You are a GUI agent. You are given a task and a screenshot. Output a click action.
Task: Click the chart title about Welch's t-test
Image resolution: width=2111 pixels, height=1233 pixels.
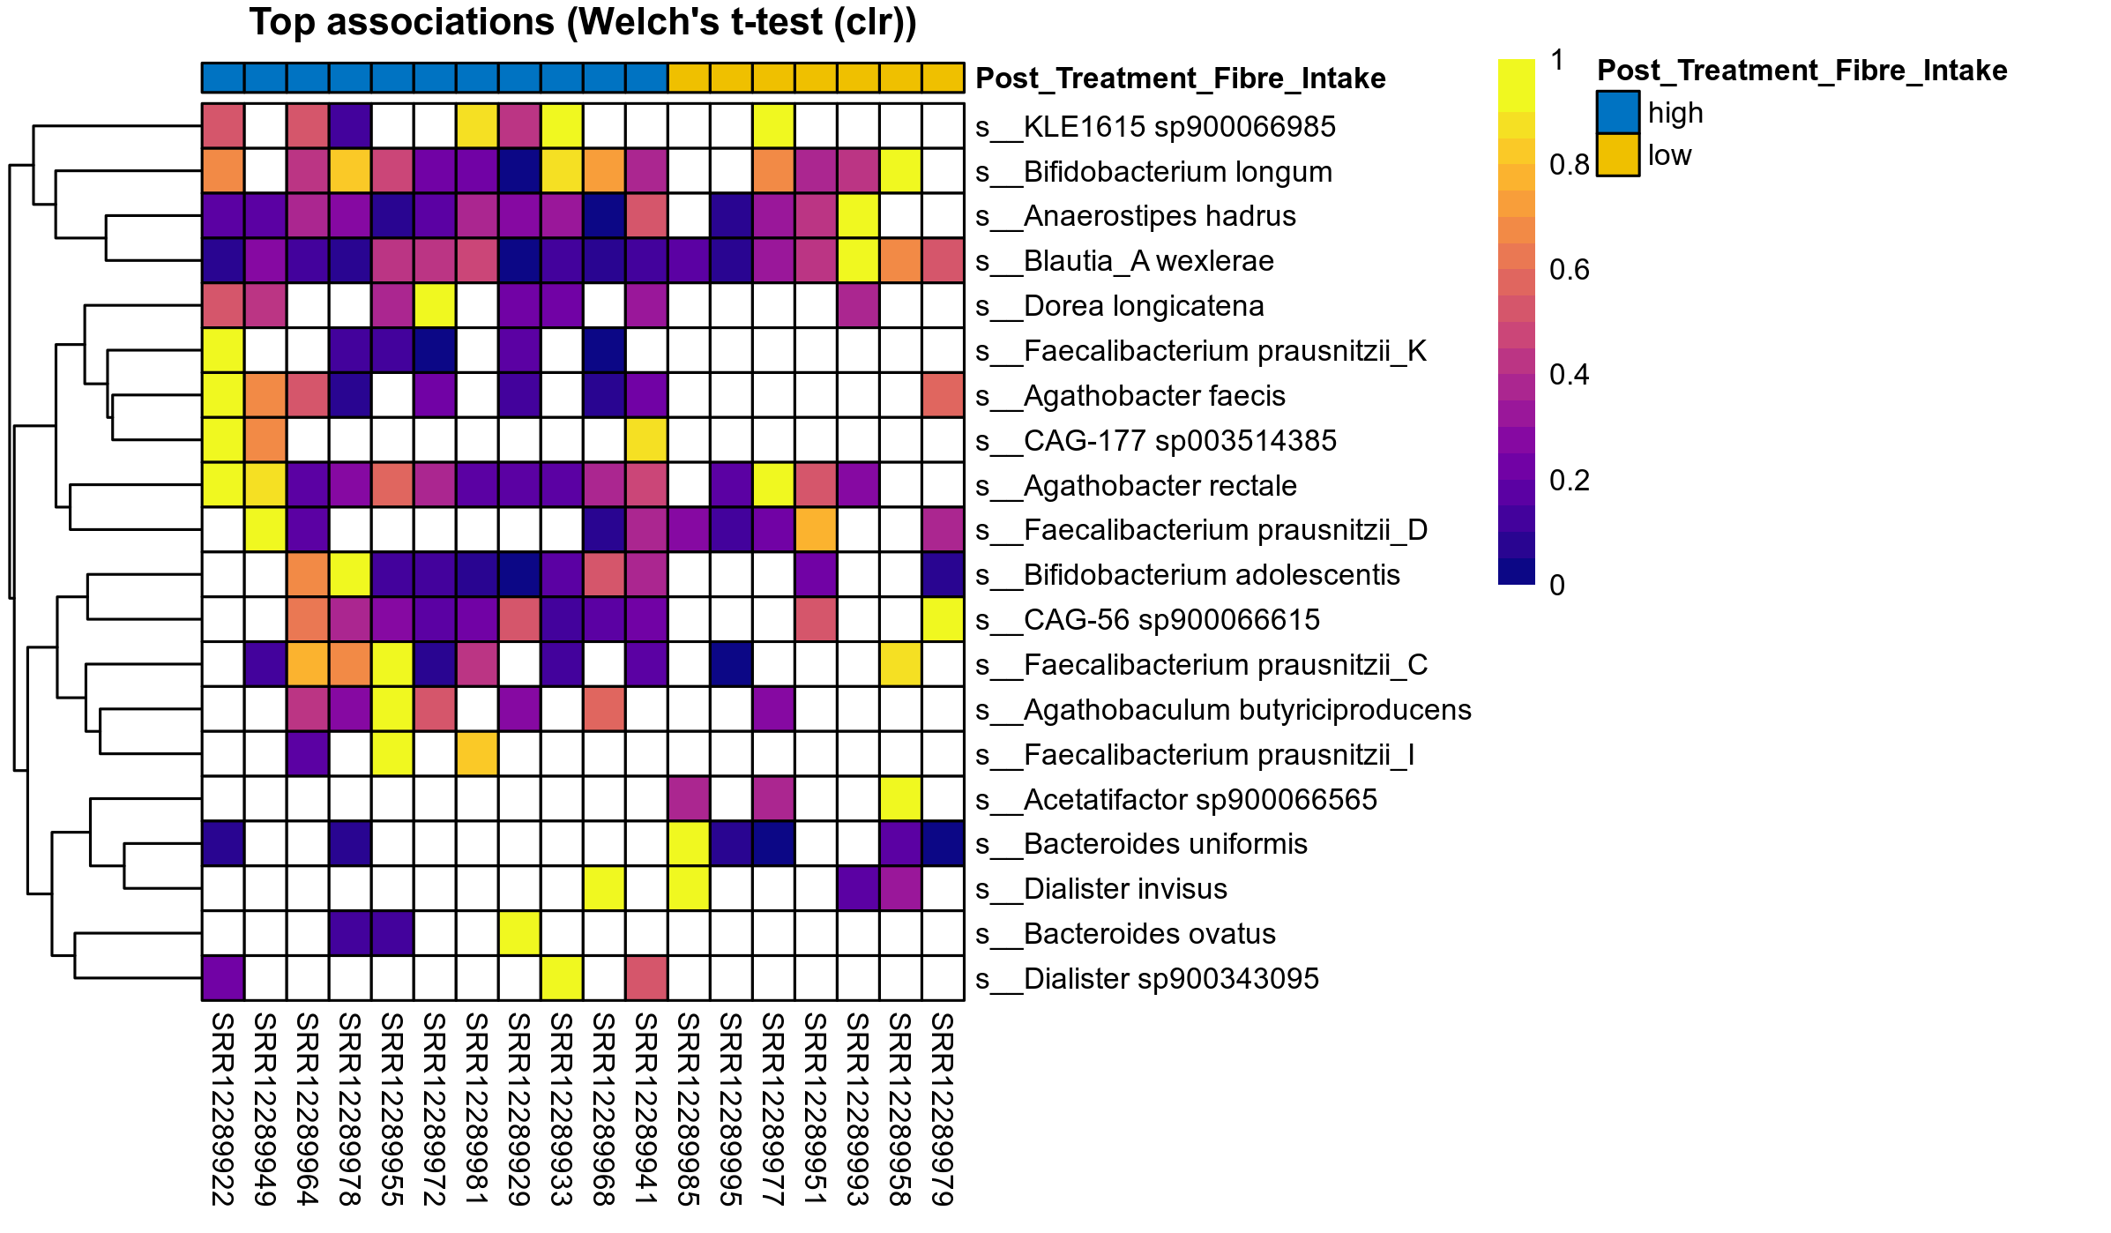(583, 23)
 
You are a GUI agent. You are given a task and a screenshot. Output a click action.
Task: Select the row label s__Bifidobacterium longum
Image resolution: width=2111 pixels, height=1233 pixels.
(1177, 172)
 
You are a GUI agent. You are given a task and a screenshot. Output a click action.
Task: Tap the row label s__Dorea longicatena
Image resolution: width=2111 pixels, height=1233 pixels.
(1144, 306)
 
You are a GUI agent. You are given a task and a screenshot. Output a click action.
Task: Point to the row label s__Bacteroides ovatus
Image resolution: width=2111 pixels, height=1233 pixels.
(1150, 934)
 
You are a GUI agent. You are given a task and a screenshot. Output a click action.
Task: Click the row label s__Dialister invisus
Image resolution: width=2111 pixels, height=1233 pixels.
(1125, 889)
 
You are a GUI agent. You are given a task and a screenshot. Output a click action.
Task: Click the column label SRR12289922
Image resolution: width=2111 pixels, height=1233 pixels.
(223, 1109)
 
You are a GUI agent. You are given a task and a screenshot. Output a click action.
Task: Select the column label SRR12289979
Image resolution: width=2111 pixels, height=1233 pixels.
(943, 1109)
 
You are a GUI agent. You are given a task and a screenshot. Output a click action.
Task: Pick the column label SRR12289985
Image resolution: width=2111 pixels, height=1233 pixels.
(689, 1109)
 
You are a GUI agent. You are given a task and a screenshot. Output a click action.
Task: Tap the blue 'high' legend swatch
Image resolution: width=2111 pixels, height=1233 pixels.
(1617, 113)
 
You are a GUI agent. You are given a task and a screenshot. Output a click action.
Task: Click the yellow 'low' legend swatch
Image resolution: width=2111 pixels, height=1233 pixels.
(1617, 155)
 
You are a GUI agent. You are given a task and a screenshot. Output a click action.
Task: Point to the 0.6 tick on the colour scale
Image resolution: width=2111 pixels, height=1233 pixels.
(1569, 270)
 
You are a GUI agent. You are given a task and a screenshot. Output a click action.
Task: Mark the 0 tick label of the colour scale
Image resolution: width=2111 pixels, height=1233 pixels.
(1557, 586)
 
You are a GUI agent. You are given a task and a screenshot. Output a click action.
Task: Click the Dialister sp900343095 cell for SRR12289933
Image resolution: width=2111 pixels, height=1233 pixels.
(562, 978)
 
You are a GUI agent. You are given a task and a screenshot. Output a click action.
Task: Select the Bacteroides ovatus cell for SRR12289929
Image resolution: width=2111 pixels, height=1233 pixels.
(519, 933)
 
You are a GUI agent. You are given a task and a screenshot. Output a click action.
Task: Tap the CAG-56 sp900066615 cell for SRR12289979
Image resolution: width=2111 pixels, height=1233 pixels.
(943, 619)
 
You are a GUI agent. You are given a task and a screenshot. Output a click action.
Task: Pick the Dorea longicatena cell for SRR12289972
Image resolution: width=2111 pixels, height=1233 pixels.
(435, 306)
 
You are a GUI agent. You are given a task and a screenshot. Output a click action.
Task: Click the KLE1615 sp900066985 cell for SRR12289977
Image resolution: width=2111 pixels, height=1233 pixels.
(773, 126)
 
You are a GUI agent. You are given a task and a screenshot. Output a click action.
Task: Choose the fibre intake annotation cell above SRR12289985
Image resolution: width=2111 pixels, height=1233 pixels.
(689, 78)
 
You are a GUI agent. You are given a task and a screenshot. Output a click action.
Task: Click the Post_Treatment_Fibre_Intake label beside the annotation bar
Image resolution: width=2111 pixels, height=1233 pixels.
(1181, 78)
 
